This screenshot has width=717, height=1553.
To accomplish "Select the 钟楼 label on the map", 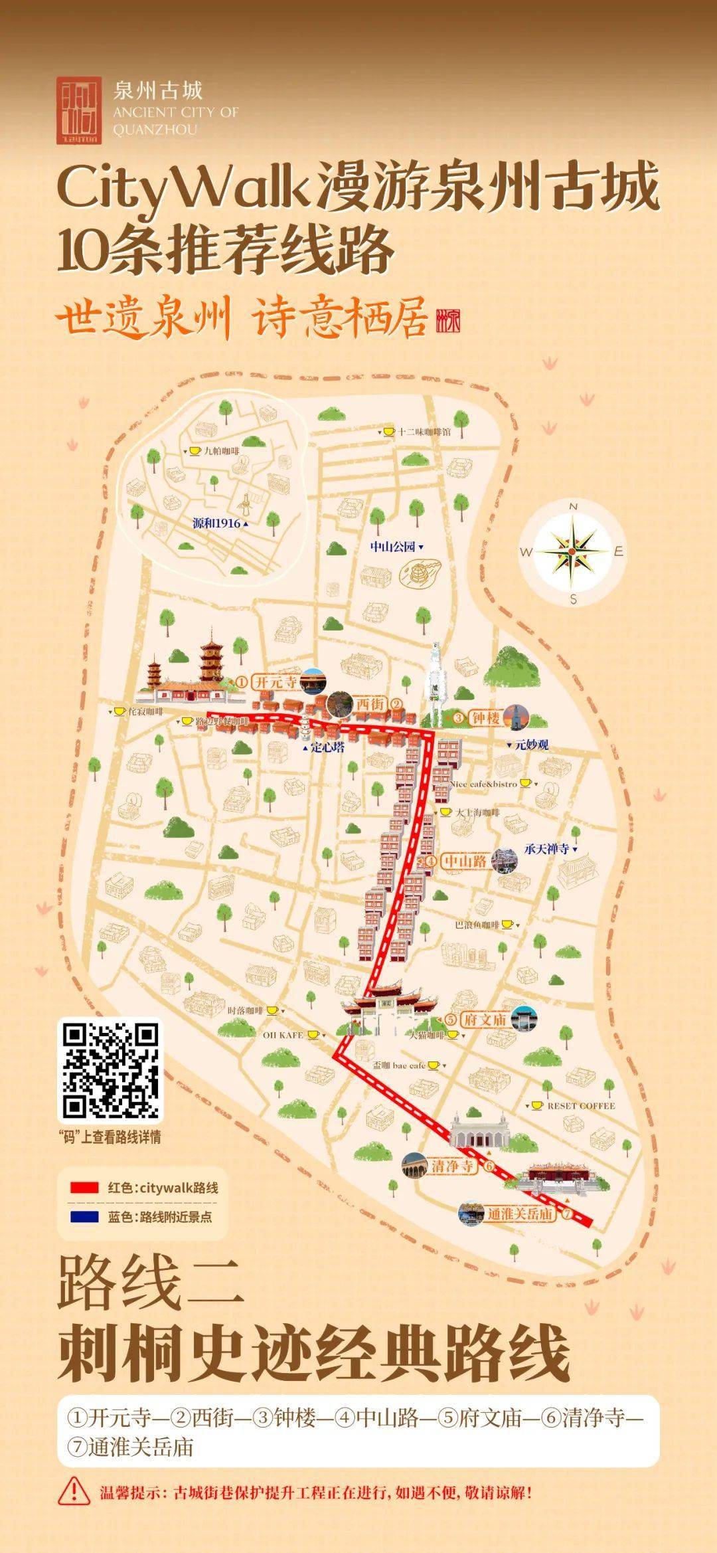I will point(485,717).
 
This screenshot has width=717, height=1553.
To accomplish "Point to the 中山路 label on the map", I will point(465,862).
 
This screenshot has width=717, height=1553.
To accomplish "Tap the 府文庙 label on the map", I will point(485,1019).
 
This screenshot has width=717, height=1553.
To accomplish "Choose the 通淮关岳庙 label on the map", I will point(520,1214).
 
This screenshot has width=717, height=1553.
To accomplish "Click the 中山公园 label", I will point(393,547).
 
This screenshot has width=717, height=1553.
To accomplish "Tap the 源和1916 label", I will point(216,523).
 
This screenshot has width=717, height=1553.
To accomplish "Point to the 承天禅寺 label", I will point(546,848).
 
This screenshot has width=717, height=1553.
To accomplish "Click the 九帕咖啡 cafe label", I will point(221,451).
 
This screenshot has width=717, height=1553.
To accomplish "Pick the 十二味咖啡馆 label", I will point(424,432).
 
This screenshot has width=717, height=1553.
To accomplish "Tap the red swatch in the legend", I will point(84,1187).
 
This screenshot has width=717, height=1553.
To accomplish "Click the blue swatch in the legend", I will point(84,1217).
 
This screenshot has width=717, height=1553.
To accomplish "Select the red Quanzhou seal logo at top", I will point(79,110).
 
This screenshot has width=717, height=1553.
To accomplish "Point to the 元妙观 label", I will point(532,745).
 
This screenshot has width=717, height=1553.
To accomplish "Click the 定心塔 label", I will point(327,747).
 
